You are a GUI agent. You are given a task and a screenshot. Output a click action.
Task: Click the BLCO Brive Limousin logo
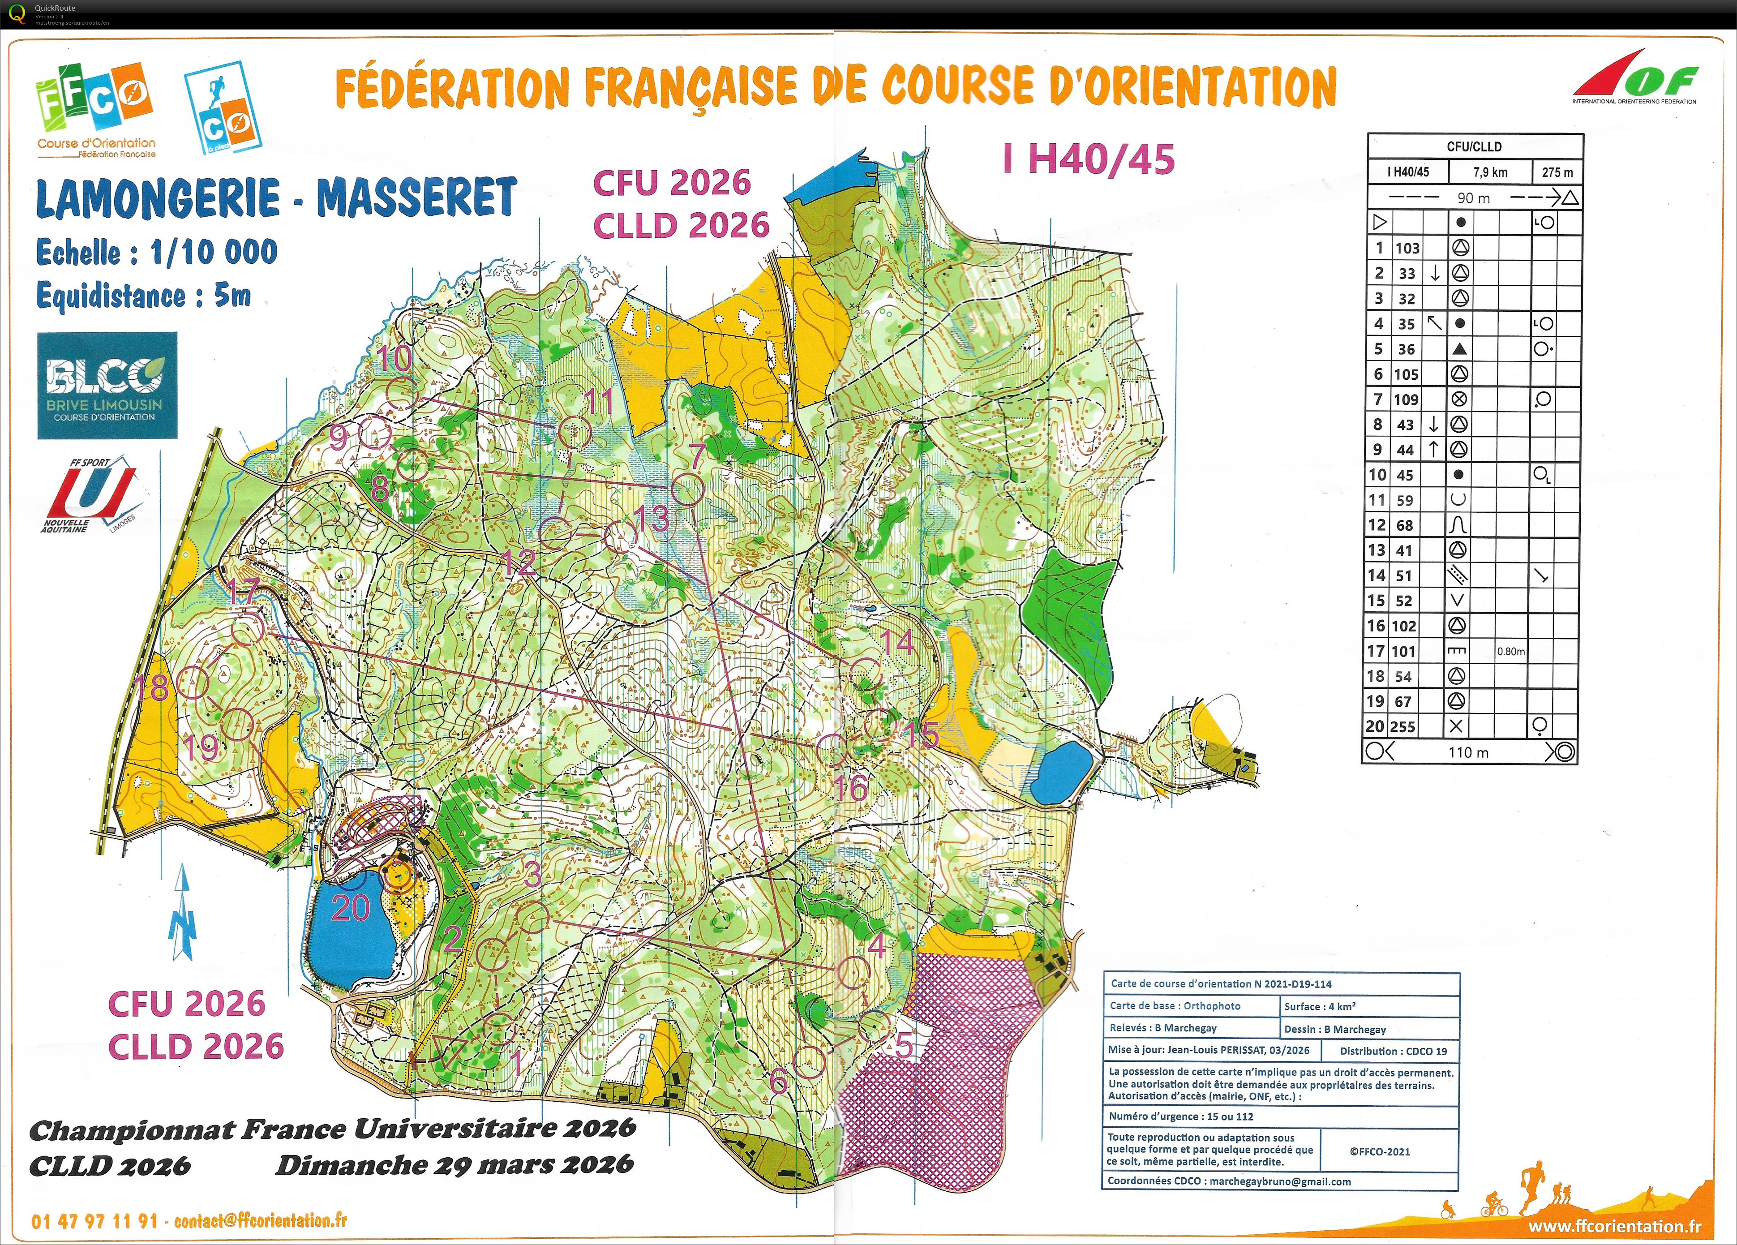click(107, 386)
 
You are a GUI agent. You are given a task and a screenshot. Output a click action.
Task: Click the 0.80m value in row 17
click(1510, 651)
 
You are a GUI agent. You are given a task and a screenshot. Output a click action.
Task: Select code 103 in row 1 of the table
click(1407, 248)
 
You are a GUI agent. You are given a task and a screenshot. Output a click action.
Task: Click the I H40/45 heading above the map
click(1088, 159)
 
